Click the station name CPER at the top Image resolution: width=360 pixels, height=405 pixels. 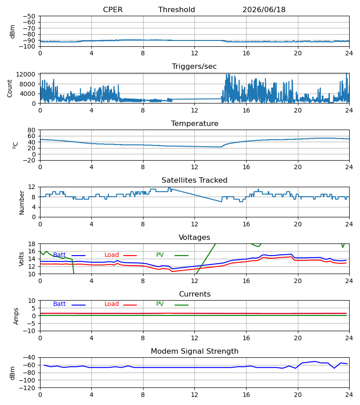click(112, 10)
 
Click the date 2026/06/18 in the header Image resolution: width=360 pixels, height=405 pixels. click(264, 10)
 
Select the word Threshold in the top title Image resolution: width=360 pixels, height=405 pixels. click(177, 10)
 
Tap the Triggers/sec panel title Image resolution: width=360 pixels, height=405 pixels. click(194, 67)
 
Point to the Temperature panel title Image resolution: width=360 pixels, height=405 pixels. click(195, 123)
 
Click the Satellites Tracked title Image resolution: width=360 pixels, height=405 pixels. click(194, 180)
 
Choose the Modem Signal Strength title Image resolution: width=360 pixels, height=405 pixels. click(195, 351)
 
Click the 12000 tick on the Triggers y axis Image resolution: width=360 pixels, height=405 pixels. click(26, 74)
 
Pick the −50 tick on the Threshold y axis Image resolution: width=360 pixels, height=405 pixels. click(29, 16)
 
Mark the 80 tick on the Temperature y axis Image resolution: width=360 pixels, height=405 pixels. click(31, 130)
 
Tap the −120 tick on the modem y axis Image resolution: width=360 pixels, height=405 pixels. click(27, 388)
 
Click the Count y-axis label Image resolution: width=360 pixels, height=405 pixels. click(10, 88)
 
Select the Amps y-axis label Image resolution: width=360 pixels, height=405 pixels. click(16, 316)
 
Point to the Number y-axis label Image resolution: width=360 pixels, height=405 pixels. click(22, 203)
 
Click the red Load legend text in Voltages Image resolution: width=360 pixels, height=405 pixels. click(112, 255)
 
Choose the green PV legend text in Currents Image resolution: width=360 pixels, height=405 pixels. click(160, 304)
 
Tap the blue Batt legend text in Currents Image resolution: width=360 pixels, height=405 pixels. click(59, 304)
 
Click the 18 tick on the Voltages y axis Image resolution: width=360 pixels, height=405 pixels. click(31, 244)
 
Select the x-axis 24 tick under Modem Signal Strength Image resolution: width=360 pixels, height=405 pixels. click(349, 395)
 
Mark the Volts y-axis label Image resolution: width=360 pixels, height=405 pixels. click(22, 259)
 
